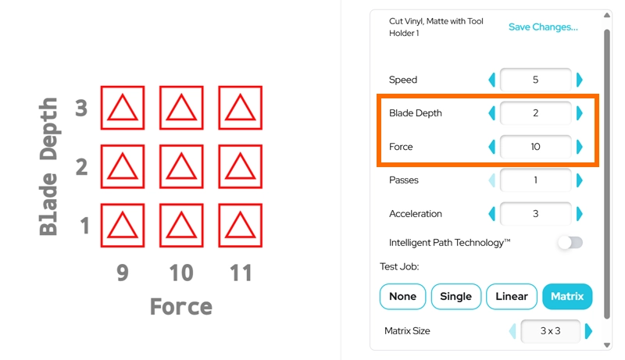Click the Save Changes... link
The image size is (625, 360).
[x=543, y=27]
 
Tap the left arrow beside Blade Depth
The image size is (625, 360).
[x=492, y=113]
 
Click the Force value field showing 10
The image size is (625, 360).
[x=535, y=147]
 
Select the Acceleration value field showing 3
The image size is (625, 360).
[x=535, y=214]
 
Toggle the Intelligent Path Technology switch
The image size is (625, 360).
[x=570, y=243]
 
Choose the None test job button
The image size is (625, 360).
[x=402, y=296]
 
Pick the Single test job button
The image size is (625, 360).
[x=456, y=296]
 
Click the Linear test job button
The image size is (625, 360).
[x=512, y=296]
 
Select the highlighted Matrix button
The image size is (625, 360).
[x=567, y=296]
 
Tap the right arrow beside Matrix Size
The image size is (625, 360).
[x=588, y=331]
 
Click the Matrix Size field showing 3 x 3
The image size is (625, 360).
[x=551, y=331]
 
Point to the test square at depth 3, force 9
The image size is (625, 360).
[x=123, y=108]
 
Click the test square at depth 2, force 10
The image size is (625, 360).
[x=181, y=166]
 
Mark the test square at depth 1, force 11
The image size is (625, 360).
[x=241, y=226]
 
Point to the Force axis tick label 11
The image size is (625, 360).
[x=241, y=273]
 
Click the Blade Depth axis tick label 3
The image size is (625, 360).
[x=81, y=108]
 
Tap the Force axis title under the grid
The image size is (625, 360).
[x=181, y=307]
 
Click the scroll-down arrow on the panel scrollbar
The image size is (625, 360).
[x=607, y=345]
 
